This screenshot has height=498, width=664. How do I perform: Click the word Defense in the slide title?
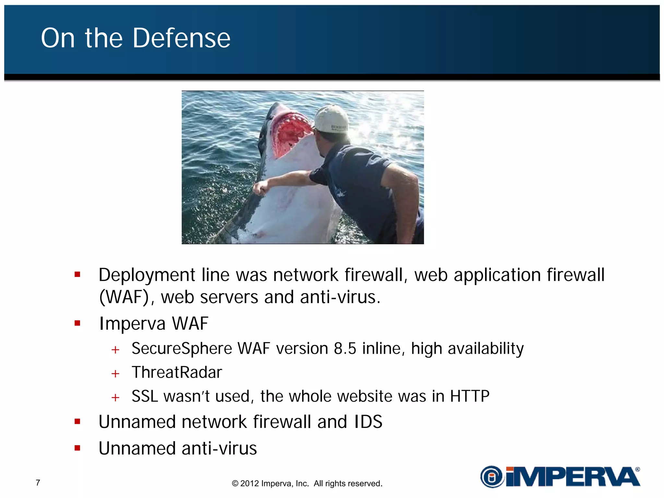[182, 38]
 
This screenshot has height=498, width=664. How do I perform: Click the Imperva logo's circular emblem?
[492, 477]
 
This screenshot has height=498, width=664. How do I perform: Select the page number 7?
[38, 483]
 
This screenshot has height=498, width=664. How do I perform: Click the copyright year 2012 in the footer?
[249, 483]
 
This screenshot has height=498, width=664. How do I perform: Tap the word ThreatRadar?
[177, 372]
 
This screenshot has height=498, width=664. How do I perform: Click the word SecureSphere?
[182, 349]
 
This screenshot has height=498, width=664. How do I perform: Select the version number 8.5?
[345, 349]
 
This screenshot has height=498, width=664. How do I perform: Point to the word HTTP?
[469, 396]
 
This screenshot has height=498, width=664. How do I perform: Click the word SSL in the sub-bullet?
[145, 396]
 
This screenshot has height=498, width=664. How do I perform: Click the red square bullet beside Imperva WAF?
[77, 323]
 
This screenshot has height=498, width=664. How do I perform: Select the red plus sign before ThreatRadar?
[115, 373]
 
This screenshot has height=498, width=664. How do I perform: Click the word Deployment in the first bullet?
[147, 275]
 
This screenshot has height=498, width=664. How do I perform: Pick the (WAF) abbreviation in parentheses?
[124, 297]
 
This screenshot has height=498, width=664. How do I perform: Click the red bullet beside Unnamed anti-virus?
[77, 448]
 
